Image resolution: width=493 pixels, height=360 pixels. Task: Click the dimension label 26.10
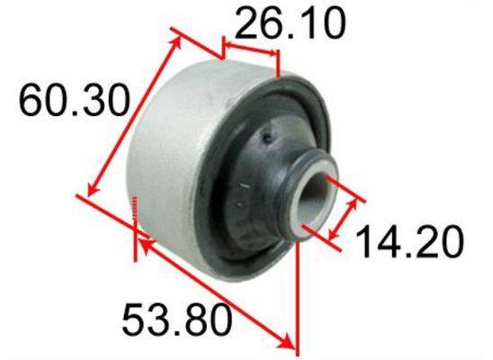pyautogui.click(x=290, y=23)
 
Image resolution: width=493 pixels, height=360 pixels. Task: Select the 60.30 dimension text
pyautogui.click(x=74, y=100)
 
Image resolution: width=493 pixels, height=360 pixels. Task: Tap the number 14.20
pyautogui.click(x=409, y=241)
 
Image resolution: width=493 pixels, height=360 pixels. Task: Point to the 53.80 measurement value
pyautogui.click(x=176, y=319)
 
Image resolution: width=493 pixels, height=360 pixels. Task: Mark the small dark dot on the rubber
pyautogui.click(x=267, y=137)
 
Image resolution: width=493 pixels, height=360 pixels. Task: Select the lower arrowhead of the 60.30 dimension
pyautogui.click(x=93, y=189)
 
